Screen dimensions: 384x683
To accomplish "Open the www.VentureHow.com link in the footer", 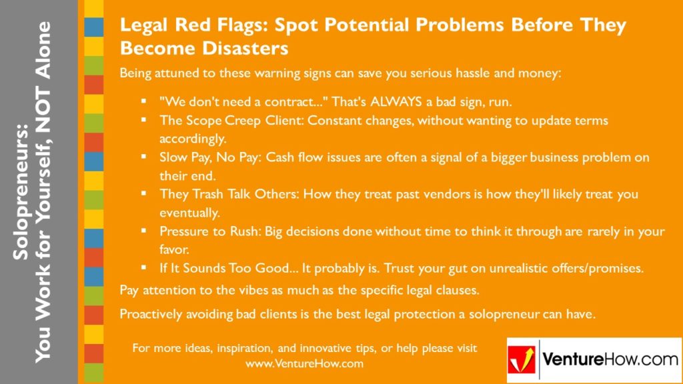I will coord(304,363).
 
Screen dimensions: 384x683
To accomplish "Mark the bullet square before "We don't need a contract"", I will coord(143,103).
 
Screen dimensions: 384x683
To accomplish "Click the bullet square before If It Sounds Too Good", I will coord(143,268).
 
